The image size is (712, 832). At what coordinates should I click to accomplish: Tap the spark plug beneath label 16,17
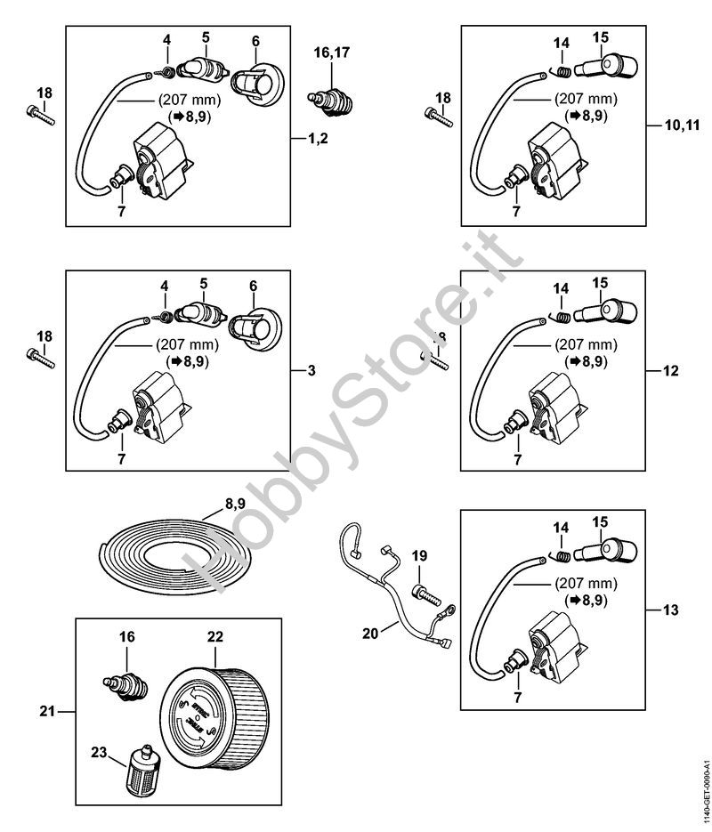click(x=329, y=99)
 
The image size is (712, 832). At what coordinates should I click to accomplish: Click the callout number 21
click(x=49, y=710)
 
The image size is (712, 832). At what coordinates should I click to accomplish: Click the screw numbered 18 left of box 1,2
click(x=42, y=114)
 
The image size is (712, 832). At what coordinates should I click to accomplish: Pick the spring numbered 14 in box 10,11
click(x=559, y=69)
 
